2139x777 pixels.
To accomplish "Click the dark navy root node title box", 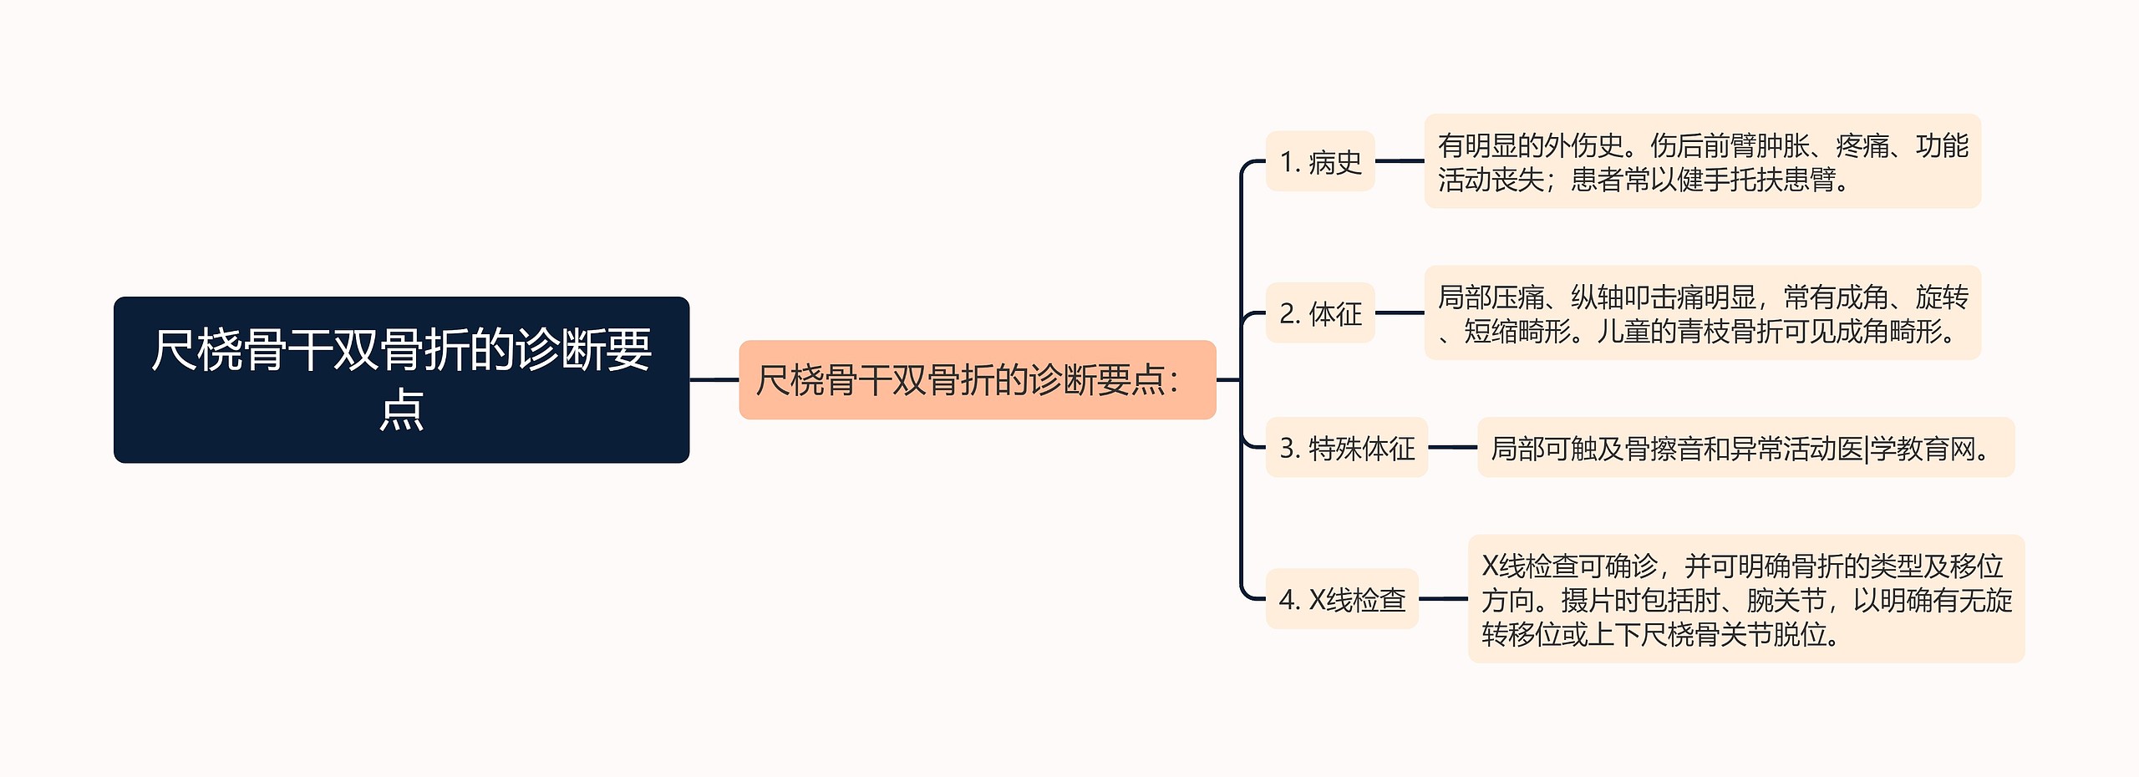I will [x=401, y=379].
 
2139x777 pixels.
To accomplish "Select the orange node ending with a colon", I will [x=977, y=380].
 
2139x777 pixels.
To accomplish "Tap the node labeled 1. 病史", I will [x=1320, y=161].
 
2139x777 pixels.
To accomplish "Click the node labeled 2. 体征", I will [x=1320, y=313].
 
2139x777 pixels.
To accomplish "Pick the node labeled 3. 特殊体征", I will [x=1346, y=448].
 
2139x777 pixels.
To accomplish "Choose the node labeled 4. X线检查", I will [x=1342, y=599].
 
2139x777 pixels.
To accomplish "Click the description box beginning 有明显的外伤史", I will [x=1702, y=162].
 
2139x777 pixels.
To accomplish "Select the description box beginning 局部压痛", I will [x=1702, y=313].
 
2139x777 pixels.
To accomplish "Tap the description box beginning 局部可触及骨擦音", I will [x=1745, y=448].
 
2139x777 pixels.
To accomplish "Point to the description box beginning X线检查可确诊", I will [x=1745, y=599].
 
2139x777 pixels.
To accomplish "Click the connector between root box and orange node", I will [x=714, y=380].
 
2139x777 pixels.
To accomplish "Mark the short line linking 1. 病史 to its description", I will [x=1400, y=161].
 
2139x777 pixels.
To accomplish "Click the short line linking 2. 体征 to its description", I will [x=1400, y=313].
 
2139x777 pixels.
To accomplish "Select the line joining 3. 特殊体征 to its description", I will [x=1453, y=448].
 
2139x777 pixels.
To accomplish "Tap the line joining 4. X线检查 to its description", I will [x=1443, y=599].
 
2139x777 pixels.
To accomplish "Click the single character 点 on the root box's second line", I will [x=402, y=410].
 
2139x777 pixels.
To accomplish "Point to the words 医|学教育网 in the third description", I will [x=1905, y=449].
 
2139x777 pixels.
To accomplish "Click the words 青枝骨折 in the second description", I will [x=1730, y=332].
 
